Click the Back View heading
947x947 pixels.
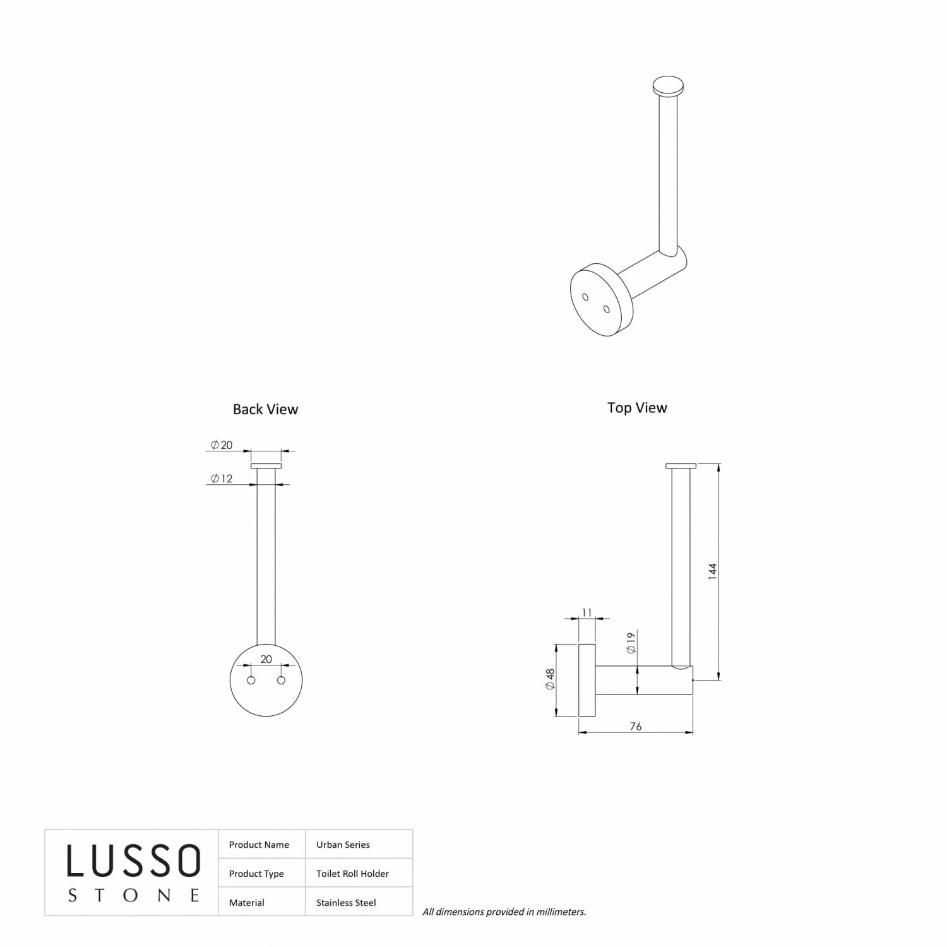click(265, 409)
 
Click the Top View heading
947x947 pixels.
click(637, 408)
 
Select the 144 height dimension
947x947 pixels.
click(713, 571)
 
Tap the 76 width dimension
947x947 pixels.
click(636, 727)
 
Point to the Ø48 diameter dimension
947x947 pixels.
click(550, 679)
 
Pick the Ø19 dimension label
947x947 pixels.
click(631, 642)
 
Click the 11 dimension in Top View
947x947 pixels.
click(587, 612)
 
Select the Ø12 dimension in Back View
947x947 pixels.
click(222, 479)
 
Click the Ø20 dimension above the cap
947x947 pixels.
click(222, 445)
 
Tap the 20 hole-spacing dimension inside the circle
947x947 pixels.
click(266, 659)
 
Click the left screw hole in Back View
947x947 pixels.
click(251, 680)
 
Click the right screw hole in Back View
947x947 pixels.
click(282, 680)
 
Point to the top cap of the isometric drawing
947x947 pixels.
click(668, 86)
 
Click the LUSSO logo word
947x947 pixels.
click(134, 861)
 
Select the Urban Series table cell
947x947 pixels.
click(343, 845)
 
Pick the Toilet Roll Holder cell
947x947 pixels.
click(352, 874)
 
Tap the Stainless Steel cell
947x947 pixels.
click(346, 903)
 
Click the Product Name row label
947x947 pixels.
click(259, 845)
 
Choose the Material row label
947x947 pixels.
click(247, 903)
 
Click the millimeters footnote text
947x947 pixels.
click(504, 912)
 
